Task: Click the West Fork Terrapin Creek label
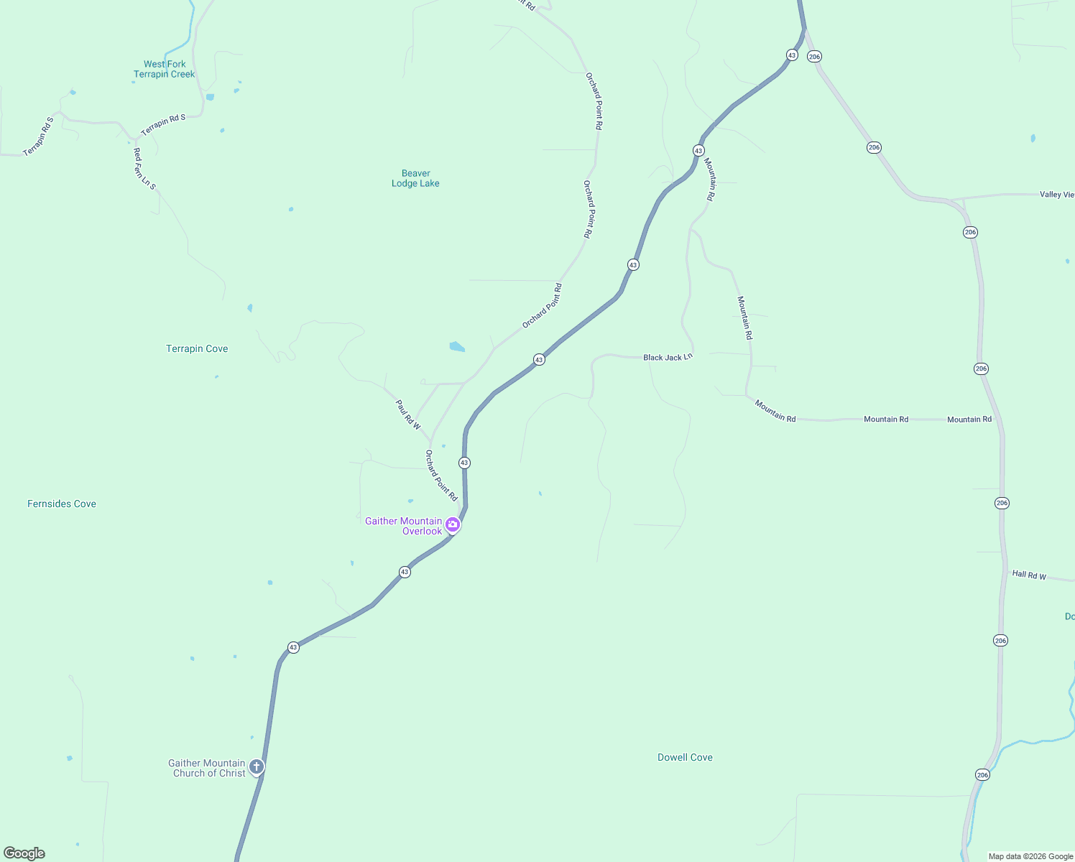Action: coord(164,69)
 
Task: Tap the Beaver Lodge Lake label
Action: coord(415,178)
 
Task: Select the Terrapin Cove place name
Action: coord(197,348)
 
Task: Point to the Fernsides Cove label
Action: coord(62,504)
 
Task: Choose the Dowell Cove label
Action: coord(685,757)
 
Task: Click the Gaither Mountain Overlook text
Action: coord(404,526)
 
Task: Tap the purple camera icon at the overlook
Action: coord(453,524)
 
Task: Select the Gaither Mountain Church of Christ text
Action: coord(208,768)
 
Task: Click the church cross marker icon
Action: coord(257,766)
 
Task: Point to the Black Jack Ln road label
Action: coord(668,357)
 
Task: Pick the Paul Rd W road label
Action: coord(408,415)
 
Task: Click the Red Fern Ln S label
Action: coord(144,169)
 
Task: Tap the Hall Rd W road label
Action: coord(1029,575)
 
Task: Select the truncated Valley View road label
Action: coord(1056,195)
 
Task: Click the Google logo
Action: coord(24,853)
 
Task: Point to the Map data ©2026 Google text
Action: coord(1030,856)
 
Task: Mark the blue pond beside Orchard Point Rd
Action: coord(457,347)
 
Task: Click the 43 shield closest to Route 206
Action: coord(792,55)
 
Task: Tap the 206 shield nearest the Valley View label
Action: coord(970,232)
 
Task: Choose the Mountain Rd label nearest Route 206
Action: coord(969,420)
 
